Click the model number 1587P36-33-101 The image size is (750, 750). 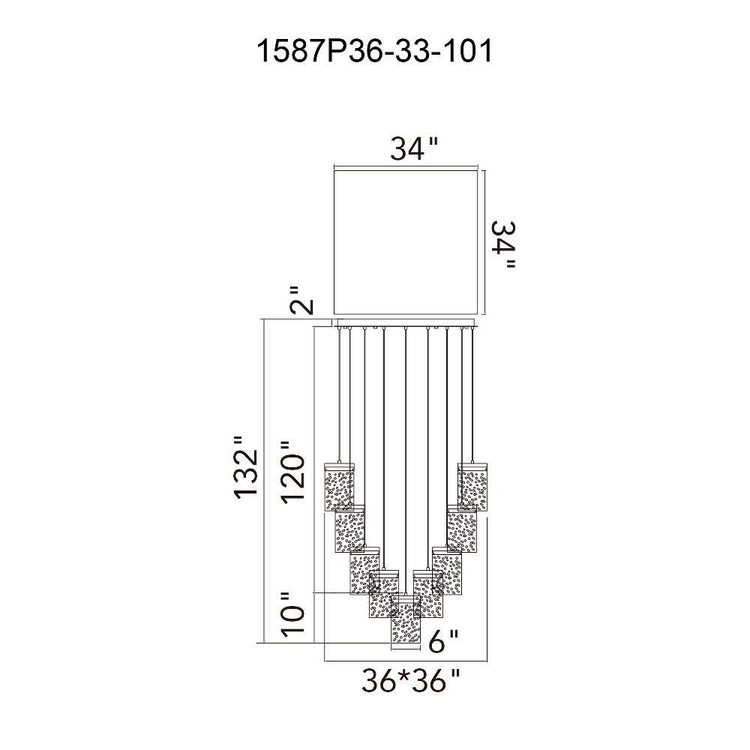click(374, 51)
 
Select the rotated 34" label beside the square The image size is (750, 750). click(503, 244)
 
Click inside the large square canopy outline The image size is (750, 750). click(406, 242)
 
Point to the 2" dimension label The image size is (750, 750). click(302, 301)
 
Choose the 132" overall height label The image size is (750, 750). click(247, 468)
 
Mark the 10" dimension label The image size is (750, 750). click(292, 615)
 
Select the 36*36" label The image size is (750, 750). click(411, 681)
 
